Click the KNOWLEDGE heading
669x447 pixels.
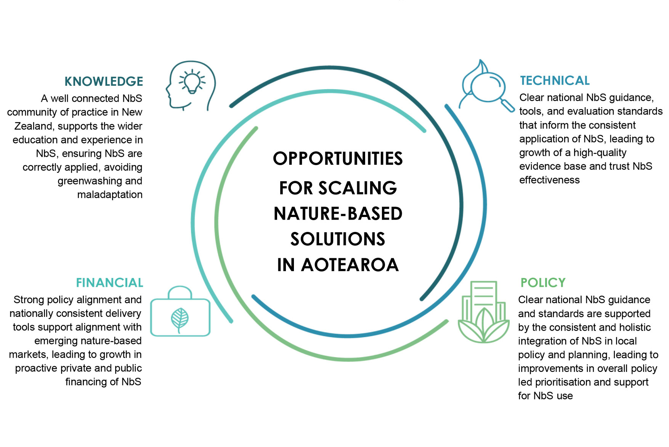point(104,81)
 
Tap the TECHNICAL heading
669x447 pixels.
point(555,80)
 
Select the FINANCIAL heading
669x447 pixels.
point(109,283)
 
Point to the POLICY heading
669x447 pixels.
point(543,283)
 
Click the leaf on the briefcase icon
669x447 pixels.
point(180,320)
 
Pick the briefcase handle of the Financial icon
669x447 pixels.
point(180,292)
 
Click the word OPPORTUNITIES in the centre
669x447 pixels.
point(338,159)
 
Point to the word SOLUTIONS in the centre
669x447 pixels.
point(338,239)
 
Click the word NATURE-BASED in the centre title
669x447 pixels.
point(338,214)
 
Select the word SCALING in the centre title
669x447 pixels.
point(358,188)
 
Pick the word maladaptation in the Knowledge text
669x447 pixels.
point(110,195)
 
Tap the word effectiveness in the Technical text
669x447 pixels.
point(549,180)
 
